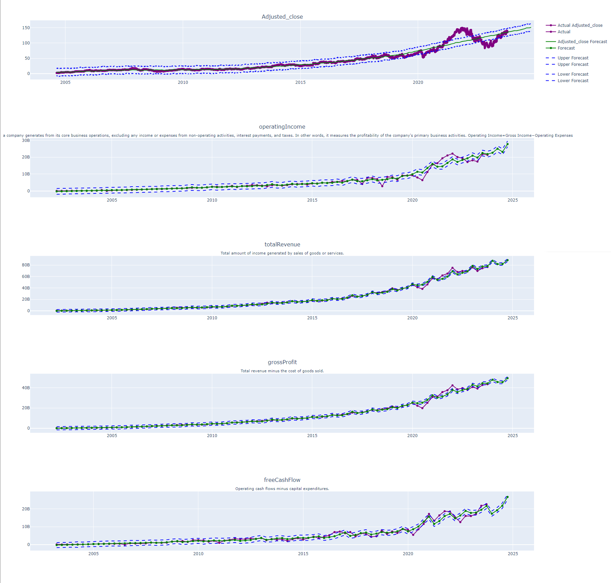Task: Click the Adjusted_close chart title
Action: [x=282, y=17]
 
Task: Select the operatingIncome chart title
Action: [x=282, y=127]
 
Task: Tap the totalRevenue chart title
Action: [x=282, y=244]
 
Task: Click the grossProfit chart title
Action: [x=282, y=362]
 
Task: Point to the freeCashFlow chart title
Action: [x=282, y=480]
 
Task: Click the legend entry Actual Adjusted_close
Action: [x=580, y=25]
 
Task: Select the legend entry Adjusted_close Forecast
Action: [x=582, y=42]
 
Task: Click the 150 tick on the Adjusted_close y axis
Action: [x=26, y=28]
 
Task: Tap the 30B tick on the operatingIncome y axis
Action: [x=26, y=140]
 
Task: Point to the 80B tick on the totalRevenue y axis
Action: [x=26, y=265]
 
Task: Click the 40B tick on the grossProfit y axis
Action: [x=26, y=388]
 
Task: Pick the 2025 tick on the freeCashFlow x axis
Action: [x=513, y=554]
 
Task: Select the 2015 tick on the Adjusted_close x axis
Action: [x=300, y=82]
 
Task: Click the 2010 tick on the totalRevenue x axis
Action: [x=212, y=318]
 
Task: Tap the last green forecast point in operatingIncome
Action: [x=507, y=144]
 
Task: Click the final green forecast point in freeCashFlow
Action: [x=507, y=497]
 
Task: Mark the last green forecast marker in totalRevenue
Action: [x=507, y=260]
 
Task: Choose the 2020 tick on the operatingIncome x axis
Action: [x=412, y=200]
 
